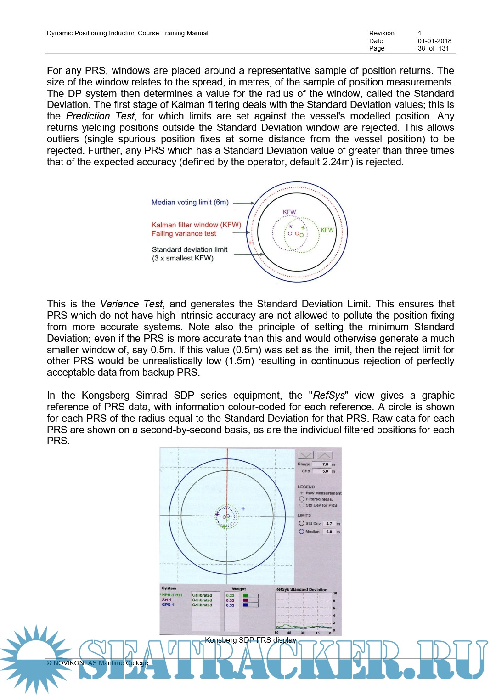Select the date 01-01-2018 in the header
[434, 41]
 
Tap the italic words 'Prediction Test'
[100, 116]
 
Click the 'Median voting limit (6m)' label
[190, 202]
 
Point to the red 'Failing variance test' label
[184, 233]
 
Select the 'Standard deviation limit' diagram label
[189, 249]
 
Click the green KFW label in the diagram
[327, 230]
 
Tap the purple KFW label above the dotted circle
[289, 212]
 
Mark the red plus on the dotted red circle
[250, 243]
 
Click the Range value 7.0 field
[325, 464]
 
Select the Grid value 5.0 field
[325, 471]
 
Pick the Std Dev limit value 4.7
[329, 524]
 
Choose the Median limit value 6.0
[329, 532]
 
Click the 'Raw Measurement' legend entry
[323, 493]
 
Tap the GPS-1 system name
[168, 605]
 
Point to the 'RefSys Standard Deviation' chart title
[301, 589]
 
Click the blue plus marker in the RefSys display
[243, 509]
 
